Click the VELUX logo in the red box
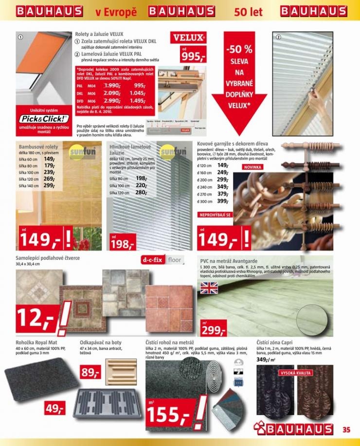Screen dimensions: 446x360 coord(190,37)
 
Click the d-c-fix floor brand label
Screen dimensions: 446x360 coord(161,260)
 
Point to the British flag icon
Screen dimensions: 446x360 coord(210,288)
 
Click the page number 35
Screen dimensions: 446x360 coord(346,429)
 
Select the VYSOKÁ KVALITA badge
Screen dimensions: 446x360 coord(295,373)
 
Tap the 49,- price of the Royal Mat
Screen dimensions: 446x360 coord(54,409)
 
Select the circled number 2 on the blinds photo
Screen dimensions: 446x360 coord(278,37)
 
